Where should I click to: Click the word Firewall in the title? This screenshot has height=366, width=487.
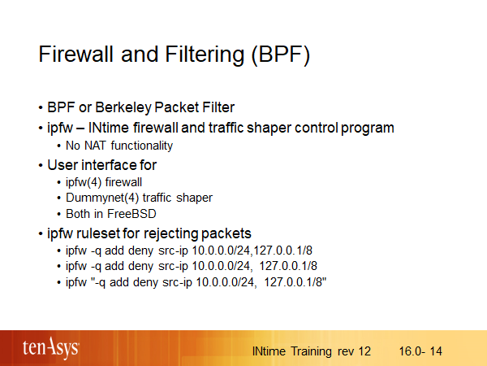[x=75, y=54]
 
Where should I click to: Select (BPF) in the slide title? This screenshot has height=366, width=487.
[x=281, y=55]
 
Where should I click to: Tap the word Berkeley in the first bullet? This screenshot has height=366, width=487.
[x=123, y=107]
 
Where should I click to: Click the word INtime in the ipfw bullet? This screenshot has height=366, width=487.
[x=109, y=128]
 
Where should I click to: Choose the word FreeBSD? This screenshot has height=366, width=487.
[x=131, y=214]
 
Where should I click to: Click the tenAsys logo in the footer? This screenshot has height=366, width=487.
[x=51, y=348]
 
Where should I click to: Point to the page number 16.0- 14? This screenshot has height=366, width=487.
[x=420, y=351]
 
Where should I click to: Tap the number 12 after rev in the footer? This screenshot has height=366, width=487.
[x=364, y=351]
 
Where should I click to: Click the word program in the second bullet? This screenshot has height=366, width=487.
[x=368, y=129]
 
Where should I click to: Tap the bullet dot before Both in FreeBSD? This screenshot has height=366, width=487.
[x=59, y=215]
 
